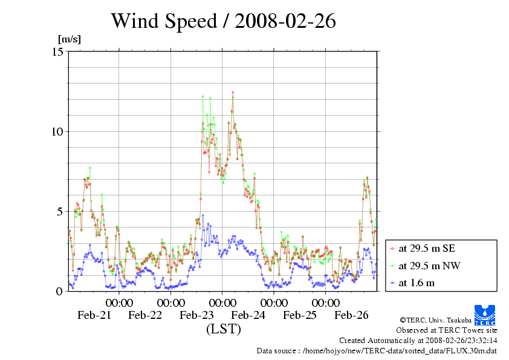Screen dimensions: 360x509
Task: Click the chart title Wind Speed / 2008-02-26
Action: [223, 22]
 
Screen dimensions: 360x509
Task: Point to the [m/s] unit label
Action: [69, 39]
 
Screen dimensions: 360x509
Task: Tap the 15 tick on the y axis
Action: [58, 51]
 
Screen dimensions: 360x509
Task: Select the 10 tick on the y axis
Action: [58, 131]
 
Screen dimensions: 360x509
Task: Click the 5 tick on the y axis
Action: [60, 211]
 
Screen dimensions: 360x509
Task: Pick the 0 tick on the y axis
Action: [60, 291]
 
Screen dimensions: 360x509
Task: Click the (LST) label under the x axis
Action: [224, 329]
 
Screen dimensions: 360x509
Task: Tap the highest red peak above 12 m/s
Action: [233, 93]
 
